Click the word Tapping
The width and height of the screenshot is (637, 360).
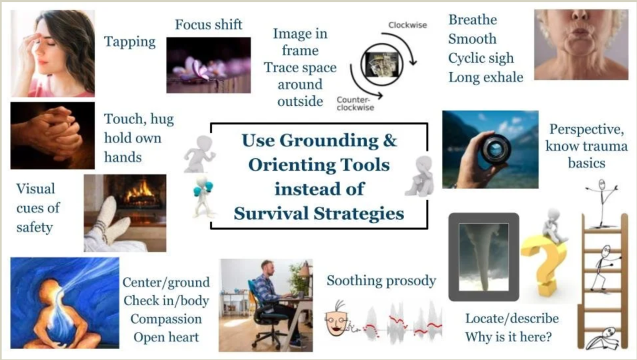tap(130, 42)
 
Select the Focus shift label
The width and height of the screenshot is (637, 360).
tap(209, 25)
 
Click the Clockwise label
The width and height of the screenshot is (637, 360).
tap(407, 25)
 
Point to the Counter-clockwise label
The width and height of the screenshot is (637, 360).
tap(355, 103)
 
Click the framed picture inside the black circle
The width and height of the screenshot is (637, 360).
tap(382, 65)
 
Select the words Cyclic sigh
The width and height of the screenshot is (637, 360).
tap(481, 58)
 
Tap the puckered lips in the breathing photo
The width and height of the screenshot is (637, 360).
tap(581, 31)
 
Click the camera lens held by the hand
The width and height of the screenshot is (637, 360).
tap(496, 149)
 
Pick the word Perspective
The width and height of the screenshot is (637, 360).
tap(587, 129)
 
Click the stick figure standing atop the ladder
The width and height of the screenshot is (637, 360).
tap(602, 202)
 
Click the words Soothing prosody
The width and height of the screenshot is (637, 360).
tap(382, 280)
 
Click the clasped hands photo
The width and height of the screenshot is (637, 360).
tap(52, 135)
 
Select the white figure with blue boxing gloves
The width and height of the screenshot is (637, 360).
tap(204, 196)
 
